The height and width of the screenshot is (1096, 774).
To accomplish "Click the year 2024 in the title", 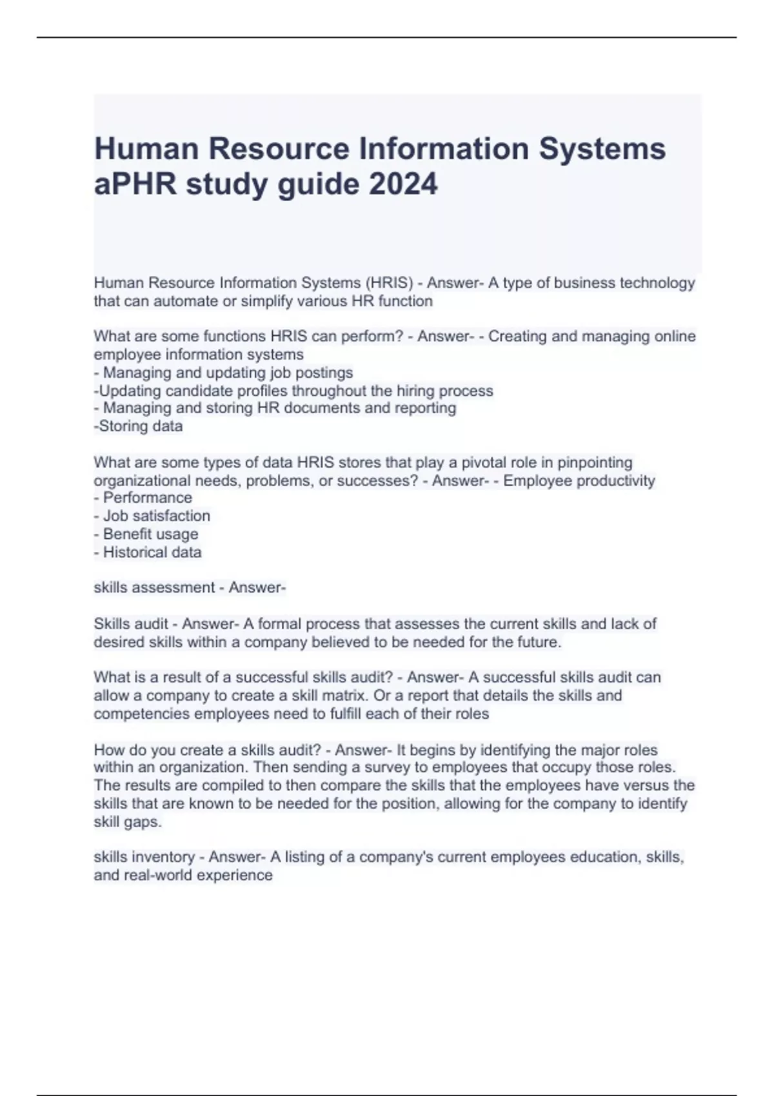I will (x=403, y=184).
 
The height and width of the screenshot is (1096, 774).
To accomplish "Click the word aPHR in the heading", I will (x=135, y=184).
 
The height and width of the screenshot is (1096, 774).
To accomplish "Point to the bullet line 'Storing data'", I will (x=139, y=426).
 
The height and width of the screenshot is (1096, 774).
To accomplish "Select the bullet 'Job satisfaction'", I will (x=152, y=516).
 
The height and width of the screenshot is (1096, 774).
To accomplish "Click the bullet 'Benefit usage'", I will (x=146, y=534).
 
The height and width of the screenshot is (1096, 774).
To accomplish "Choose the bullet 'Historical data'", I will (x=148, y=552).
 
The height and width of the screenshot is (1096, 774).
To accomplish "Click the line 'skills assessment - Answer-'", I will (x=190, y=587).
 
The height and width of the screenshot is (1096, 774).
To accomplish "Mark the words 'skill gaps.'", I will (x=128, y=822).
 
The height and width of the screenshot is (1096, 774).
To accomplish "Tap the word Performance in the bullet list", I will (x=147, y=498).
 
